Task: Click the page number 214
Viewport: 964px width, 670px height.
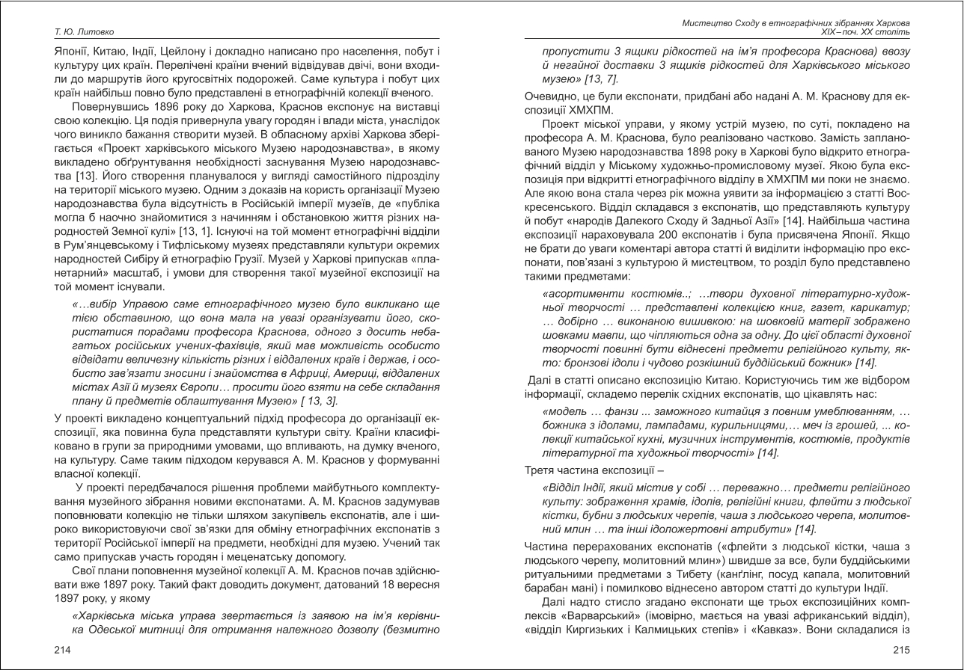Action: pyautogui.click(x=62, y=651)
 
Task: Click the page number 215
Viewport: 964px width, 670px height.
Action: pyautogui.click(x=901, y=651)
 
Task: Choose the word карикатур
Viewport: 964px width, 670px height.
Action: pyautogui.click(x=880, y=307)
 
